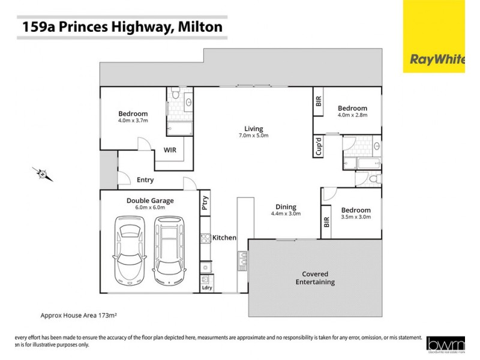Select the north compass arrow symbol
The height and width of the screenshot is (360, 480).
[x=43, y=174]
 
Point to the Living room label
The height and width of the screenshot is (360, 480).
[x=254, y=128]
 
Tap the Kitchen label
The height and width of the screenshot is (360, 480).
[x=224, y=238]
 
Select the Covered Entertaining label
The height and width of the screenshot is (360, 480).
[x=314, y=278]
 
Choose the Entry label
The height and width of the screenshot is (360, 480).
[x=145, y=179]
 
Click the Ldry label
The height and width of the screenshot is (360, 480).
[x=207, y=287]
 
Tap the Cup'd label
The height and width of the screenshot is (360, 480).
[x=319, y=146]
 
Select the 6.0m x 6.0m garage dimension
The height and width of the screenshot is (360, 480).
[x=150, y=208]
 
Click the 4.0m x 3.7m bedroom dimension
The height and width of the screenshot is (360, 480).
[x=133, y=121]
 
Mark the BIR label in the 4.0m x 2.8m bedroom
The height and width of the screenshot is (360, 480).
[x=319, y=101]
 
